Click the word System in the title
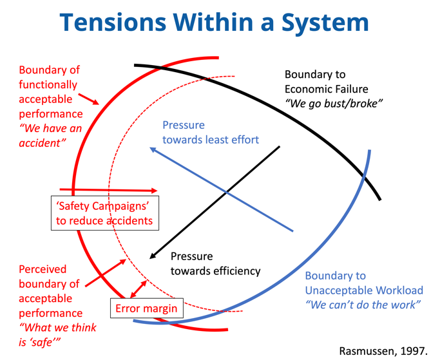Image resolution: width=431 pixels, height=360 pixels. [325, 23]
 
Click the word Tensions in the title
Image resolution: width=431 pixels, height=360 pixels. [113, 23]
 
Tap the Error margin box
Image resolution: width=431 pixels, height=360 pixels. [147, 308]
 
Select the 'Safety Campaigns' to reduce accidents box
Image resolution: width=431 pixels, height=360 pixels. [105, 213]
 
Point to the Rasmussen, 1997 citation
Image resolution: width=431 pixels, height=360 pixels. [383, 351]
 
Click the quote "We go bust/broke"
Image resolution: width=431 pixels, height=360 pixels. [334, 104]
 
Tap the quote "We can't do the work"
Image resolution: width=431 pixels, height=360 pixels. [363, 305]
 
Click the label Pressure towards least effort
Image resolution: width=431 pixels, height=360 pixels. [211, 133]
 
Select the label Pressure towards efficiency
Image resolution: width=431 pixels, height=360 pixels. [215, 263]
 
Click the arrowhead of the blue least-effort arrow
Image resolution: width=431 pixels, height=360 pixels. [153, 150]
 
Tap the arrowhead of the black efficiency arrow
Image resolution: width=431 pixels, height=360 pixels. [153, 256]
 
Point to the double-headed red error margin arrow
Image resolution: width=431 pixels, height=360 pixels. [138, 289]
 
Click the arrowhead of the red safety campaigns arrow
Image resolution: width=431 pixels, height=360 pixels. [154, 191]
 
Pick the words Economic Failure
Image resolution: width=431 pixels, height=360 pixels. [326, 89]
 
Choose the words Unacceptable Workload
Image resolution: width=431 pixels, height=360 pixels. [364, 290]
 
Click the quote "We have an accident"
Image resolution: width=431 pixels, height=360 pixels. [51, 136]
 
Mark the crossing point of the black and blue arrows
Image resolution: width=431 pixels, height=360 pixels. [226, 193]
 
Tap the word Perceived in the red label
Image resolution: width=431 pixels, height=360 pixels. [43, 269]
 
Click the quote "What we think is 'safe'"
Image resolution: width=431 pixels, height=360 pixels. [58, 335]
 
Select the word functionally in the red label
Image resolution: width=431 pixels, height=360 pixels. [48, 85]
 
